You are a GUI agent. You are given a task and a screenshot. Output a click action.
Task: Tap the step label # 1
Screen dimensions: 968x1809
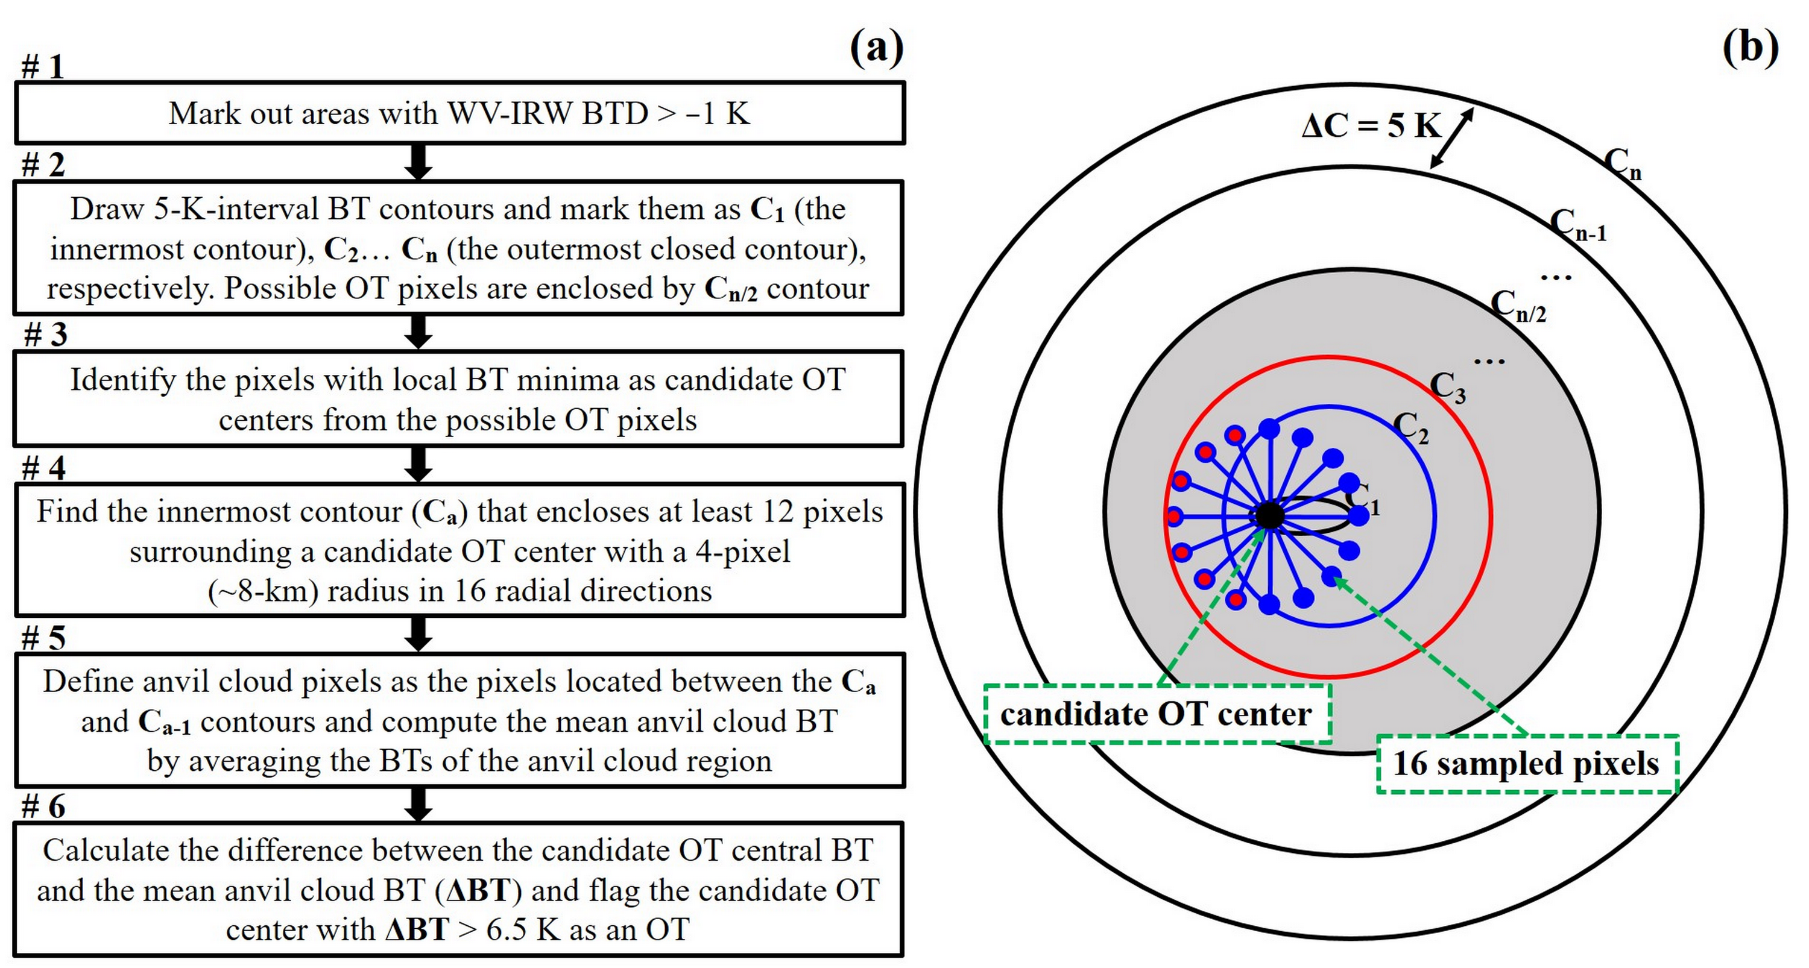43,68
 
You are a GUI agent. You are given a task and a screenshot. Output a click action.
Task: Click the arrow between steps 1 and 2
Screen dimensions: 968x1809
418,162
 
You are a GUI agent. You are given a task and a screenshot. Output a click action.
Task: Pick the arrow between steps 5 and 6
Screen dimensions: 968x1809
418,803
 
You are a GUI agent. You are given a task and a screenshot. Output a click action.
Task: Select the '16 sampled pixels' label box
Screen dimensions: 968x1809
1527,764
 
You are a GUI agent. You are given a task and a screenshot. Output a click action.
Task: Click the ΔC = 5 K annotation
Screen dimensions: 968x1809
1370,127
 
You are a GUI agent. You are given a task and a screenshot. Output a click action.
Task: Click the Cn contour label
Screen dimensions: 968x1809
1623,165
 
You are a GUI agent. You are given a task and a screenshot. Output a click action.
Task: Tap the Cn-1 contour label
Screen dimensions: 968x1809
1577,226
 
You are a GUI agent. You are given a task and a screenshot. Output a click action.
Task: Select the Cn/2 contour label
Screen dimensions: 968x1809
1518,307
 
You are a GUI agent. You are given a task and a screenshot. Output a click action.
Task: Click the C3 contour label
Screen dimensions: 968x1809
1448,388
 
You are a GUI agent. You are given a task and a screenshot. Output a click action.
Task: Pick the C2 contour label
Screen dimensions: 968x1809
1410,427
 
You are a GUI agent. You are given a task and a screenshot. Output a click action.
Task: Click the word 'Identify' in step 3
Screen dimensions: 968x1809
123,380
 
